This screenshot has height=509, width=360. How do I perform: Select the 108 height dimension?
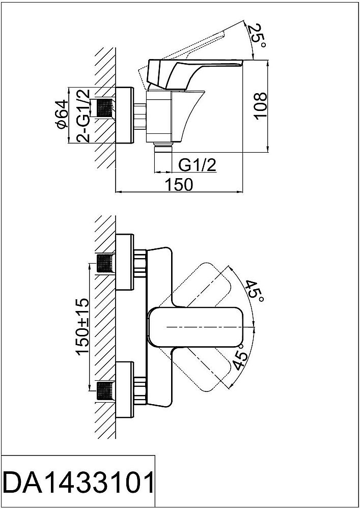point(260,106)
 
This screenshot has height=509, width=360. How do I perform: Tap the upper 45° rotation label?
point(253,292)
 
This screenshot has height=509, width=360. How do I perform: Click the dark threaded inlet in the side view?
point(104,108)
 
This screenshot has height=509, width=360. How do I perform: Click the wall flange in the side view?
point(125,116)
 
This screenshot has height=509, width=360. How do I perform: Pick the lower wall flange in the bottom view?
point(125,390)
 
